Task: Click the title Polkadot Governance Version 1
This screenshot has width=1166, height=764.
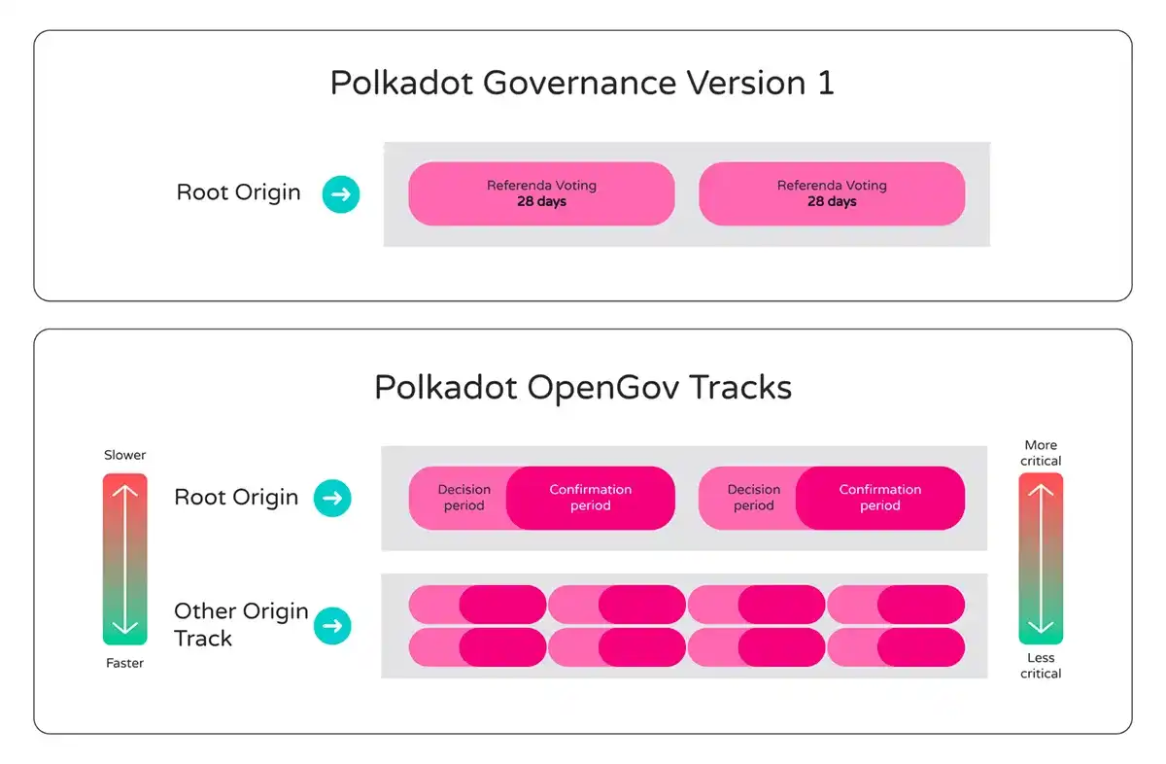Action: coord(582,83)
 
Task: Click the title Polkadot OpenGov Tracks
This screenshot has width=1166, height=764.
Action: coord(583,387)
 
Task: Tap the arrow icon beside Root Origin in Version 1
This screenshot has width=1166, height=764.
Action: coord(341,194)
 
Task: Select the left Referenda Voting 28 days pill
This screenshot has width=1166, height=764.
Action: coord(541,193)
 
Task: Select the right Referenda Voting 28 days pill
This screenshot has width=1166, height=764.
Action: coord(832,193)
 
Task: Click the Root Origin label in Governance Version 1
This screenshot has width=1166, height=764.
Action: coord(238,192)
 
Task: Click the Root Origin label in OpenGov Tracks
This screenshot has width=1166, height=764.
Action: coord(236,498)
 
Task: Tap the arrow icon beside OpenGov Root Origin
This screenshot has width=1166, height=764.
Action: coord(331,498)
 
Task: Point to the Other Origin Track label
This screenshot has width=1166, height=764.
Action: coord(240,624)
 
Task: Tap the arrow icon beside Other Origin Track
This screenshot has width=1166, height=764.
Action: coord(331,626)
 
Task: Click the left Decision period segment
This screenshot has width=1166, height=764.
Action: coord(461,498)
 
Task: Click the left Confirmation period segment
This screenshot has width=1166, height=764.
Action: coord(591,498)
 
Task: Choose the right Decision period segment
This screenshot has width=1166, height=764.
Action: coord(751,498)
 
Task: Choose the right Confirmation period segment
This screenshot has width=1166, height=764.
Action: coord(880,498)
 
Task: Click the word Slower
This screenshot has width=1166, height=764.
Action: coord(124,455)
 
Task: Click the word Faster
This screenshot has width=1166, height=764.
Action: coord(124,663)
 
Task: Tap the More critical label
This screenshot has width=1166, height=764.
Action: coord(1041,453)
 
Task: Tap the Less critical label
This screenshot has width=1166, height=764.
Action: coord(1041,666)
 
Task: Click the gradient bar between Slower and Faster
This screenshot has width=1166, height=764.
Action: coord(124,559)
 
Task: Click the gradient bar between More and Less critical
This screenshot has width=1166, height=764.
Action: coord(1041,559)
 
